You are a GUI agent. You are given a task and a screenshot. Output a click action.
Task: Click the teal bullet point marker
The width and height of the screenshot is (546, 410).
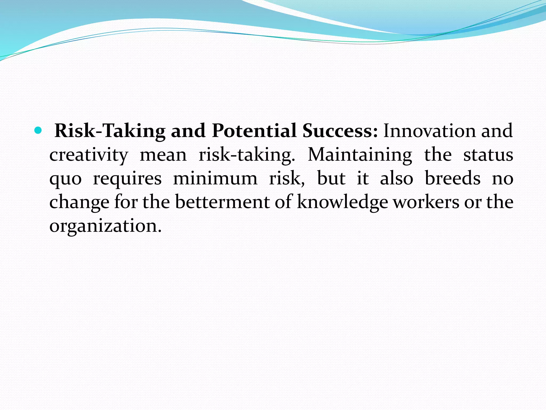pos(38,131)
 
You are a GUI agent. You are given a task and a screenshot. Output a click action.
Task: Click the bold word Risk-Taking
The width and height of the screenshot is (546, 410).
pos(110,131)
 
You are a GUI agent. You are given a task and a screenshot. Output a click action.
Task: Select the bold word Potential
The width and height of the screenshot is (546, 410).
pos(254,131)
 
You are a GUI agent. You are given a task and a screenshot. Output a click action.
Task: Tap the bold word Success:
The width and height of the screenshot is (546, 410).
pos(340,131)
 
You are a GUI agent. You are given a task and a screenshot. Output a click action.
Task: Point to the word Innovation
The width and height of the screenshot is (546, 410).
pos(429,131)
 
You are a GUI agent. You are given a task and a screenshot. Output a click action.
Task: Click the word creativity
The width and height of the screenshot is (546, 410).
pos(89,155)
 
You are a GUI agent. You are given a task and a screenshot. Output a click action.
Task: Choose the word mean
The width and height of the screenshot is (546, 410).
pos(163,155)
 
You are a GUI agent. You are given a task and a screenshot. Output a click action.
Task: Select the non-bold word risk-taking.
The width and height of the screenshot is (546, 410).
pos(247,155)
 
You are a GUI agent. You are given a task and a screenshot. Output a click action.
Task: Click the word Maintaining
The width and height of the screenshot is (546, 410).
pos(360,155)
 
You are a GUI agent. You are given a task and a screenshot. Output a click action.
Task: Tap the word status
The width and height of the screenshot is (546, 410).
pos(488,155)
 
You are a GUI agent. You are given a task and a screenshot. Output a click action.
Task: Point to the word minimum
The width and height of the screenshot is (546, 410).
pos(215,179)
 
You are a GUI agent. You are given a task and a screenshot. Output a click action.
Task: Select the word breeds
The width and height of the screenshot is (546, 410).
pos(452,179)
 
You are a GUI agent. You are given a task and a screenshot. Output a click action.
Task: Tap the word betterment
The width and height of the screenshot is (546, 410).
pos(222,202)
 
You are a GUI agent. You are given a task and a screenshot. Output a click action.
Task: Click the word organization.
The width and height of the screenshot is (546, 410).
pos(105,226)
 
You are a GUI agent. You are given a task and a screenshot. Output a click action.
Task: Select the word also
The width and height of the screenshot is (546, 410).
pos(396,179)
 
